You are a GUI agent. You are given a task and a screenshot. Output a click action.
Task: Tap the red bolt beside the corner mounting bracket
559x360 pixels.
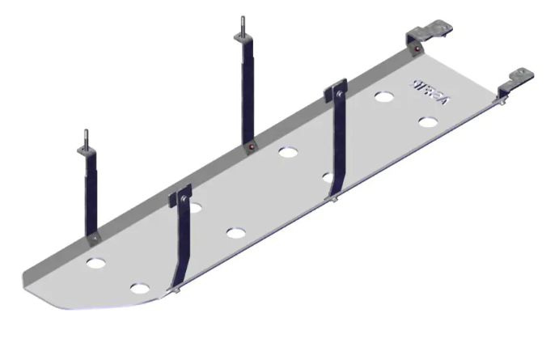tap(415, 52)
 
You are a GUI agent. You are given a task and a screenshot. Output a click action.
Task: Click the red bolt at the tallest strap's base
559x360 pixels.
tap(252, 148)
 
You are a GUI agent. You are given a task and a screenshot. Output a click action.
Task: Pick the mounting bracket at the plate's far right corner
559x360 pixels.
tap(517, 79)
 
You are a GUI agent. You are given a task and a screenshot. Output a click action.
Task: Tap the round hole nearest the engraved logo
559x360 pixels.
tap(384, 96)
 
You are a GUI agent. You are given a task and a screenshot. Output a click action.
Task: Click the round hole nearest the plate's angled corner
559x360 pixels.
tap(140, 288)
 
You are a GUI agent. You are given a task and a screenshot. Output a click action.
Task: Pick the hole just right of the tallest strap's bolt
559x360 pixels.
tap(286, 151)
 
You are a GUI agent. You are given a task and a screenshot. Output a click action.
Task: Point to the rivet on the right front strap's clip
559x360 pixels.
tap(341, 92)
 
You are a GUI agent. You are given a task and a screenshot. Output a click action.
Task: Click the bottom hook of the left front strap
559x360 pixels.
tap(173, 289)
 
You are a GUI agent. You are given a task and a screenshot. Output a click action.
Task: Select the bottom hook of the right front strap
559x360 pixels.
tap(331, 198)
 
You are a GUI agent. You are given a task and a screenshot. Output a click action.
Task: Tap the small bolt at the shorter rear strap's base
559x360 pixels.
tap(93, 239)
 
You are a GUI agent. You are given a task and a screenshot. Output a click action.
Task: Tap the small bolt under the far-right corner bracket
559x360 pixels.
tap(502, 103)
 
